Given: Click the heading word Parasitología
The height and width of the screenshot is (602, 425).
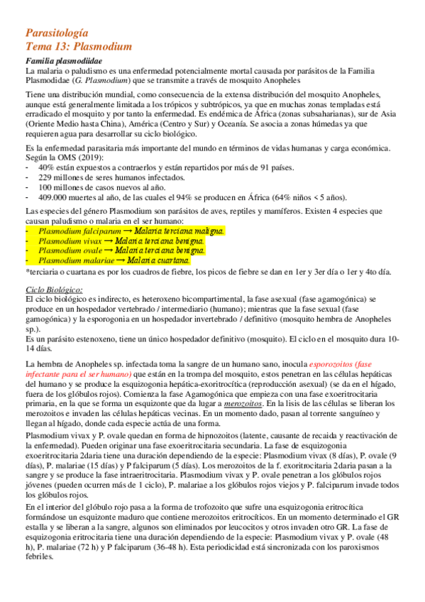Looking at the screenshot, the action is click(x=56, y=33).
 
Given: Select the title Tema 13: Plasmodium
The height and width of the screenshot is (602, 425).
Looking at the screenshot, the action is click(x=78, y=47).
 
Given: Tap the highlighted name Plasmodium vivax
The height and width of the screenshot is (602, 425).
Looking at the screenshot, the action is click(x=68, y=241).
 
